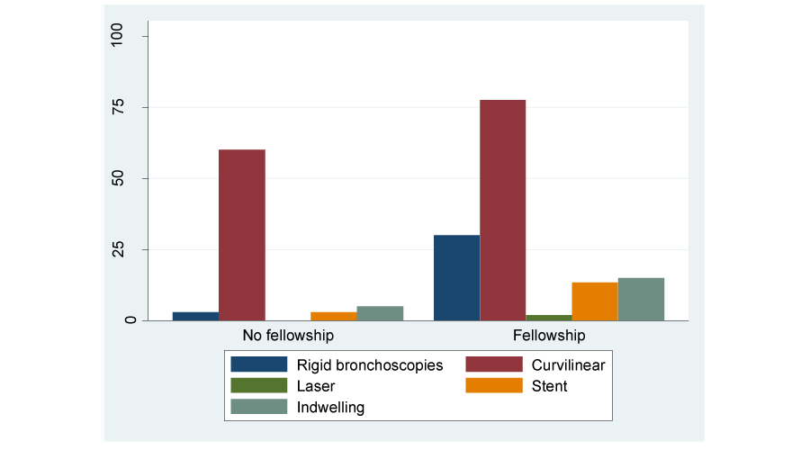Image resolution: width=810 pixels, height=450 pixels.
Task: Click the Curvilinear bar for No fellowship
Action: click(242, 234)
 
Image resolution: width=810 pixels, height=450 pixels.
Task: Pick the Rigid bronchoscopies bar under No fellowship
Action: click(195, 316)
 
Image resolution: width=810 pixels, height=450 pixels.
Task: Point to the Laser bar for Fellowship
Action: click(548, 317)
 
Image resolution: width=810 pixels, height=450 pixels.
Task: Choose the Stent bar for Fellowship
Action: click(595, 301)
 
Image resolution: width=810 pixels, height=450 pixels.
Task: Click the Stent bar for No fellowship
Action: click(334, 316)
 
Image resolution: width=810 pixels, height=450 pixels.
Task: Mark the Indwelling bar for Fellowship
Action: click(641, 299)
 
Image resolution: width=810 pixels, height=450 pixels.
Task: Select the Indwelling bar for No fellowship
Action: click(380, 313)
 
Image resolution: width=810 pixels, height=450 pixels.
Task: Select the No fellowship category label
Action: click(288, 336)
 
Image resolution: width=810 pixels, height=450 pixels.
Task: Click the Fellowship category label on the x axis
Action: click(549, 336)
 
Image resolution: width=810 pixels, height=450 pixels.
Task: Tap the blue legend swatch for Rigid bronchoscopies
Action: click(259, 364)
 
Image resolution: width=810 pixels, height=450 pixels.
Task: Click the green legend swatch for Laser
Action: click(259, 386)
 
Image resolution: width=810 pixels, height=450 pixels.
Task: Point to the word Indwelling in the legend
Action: click(330, 408)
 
